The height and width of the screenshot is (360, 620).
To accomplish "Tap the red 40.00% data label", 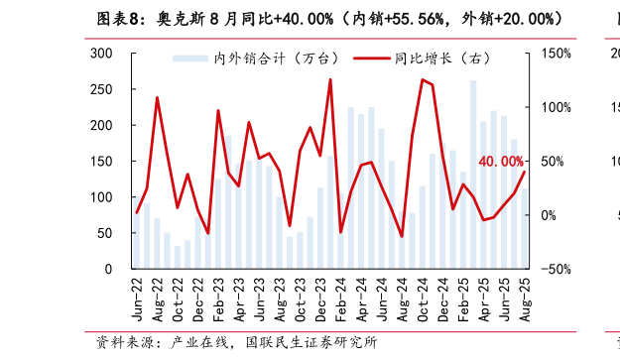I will pos(500,162).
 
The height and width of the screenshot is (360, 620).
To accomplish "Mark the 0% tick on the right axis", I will pos(551,215).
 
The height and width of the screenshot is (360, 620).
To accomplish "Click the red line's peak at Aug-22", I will pos(157,97).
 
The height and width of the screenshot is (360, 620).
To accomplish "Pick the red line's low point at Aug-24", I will pos(402,236).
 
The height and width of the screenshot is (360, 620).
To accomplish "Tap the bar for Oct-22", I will pos(178,258).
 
